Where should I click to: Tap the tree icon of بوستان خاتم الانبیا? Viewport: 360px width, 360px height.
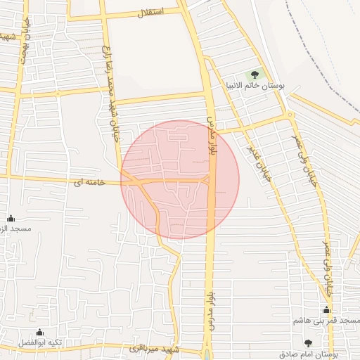click(x=254, y=75)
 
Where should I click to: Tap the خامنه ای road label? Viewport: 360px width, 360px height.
click(x=89, y=183)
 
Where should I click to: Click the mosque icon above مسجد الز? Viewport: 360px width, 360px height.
click(x=11, y=219)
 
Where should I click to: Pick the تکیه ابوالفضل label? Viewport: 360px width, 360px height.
click(x=39, y=343)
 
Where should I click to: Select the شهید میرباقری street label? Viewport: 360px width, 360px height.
click(x=155, y=349)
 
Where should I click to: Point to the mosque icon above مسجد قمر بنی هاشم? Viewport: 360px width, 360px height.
click(x=326, y=309)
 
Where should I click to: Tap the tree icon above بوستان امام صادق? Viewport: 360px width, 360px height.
click(x=308, y=342)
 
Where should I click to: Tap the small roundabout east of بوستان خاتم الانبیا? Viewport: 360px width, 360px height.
click(x=290, y=115)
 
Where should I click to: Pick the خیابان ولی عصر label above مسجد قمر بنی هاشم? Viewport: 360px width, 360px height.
click(x=327, y=267)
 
